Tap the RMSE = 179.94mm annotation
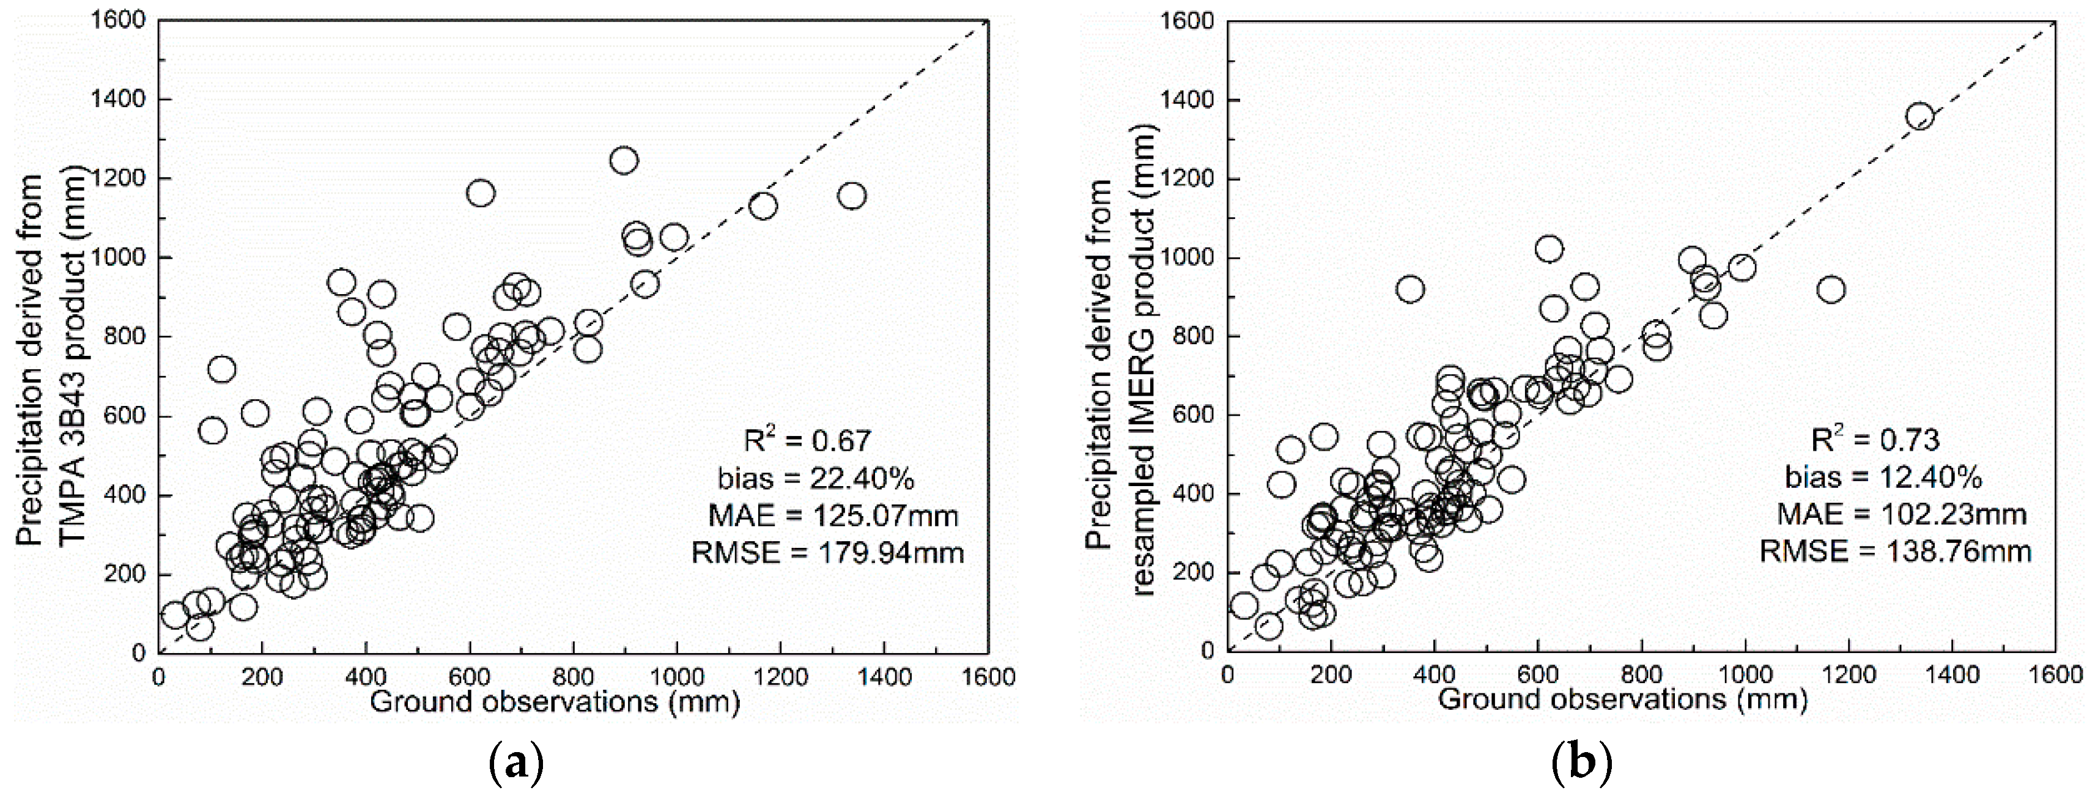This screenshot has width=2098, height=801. [827, 553]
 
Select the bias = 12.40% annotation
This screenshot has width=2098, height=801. [1883, 476]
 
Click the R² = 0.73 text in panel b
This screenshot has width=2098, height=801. [1875, 439]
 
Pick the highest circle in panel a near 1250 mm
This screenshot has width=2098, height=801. [623, 160]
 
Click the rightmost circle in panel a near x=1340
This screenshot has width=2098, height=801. [851, 196]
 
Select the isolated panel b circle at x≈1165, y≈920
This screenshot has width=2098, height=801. [1830, 289]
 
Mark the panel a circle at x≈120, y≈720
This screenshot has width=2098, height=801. [221, 369]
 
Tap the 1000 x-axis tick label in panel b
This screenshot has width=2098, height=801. [1745, 675]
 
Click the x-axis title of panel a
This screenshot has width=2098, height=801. [555, 702]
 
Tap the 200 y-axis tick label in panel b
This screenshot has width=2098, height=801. [1195, 573]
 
